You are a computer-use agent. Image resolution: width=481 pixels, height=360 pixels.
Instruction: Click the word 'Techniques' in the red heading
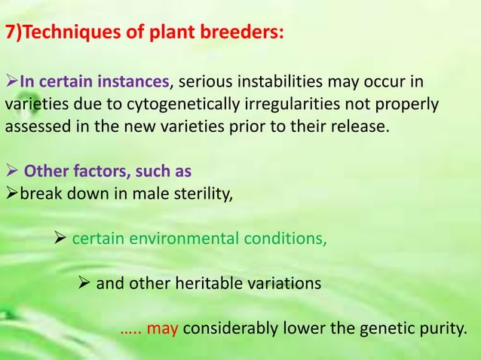point(63,34)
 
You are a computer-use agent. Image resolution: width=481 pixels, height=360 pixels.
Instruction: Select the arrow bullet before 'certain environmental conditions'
point(62,239)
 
